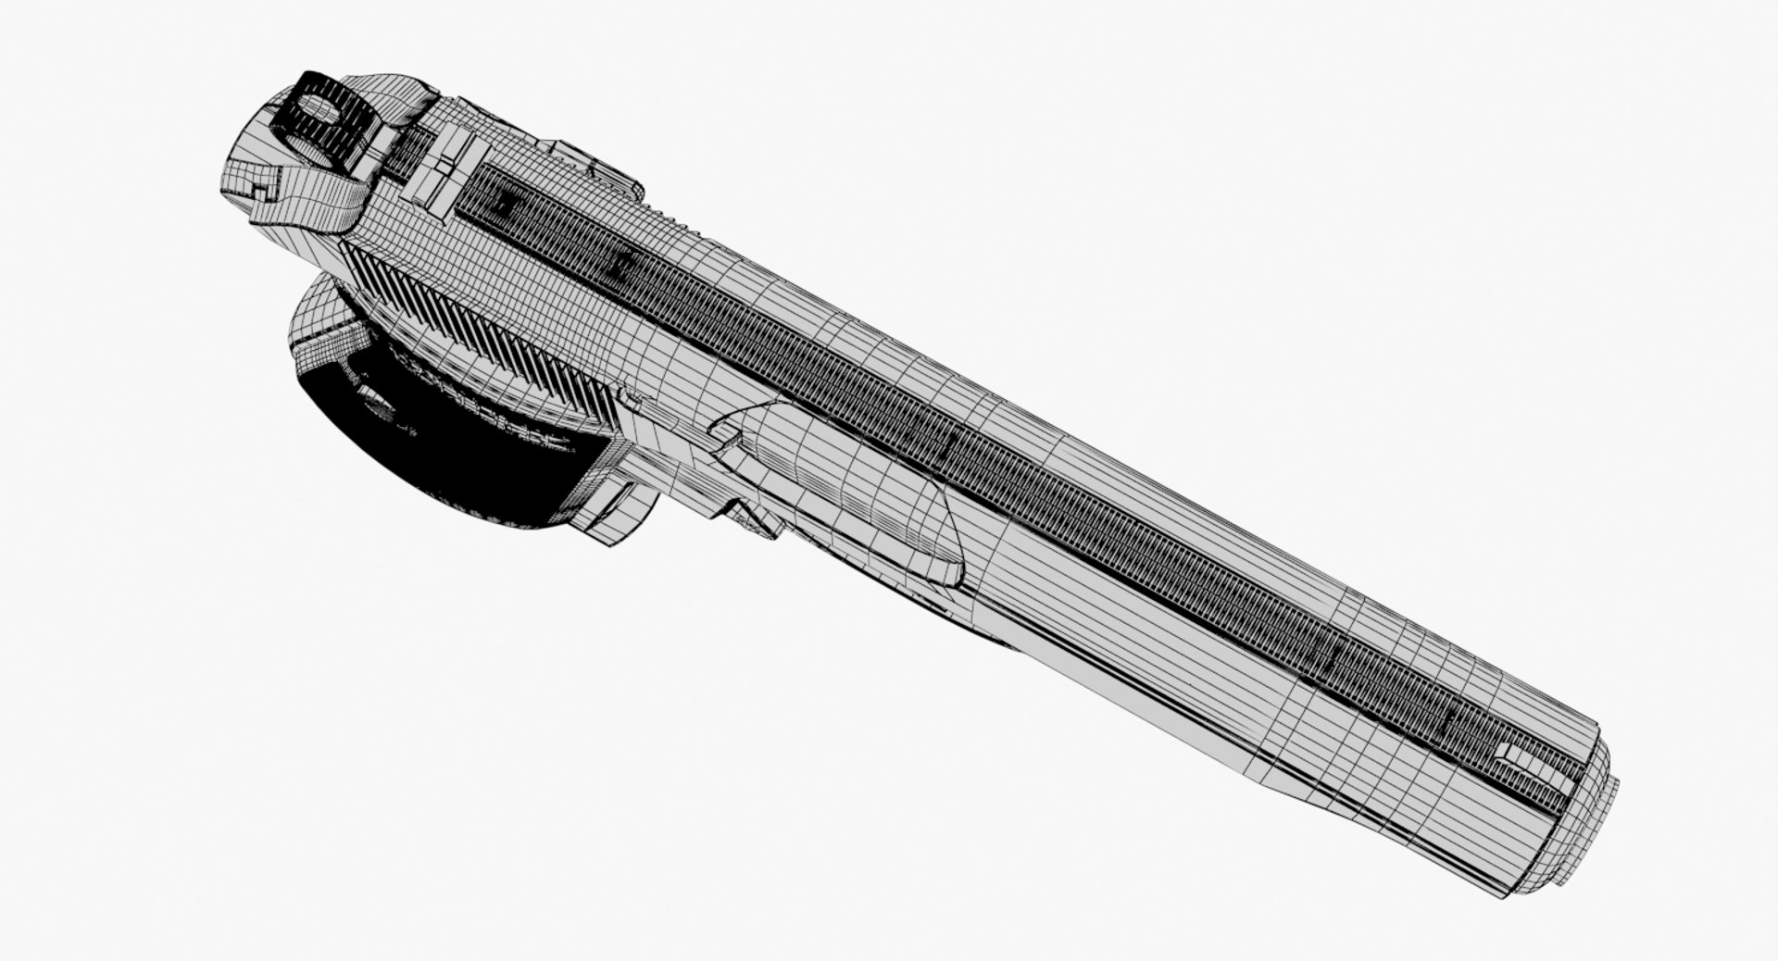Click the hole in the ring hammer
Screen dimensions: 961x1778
click(319, 111)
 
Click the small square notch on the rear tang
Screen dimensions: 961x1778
click(257, 193)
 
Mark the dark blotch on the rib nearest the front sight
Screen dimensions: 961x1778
click(1449, 718)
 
